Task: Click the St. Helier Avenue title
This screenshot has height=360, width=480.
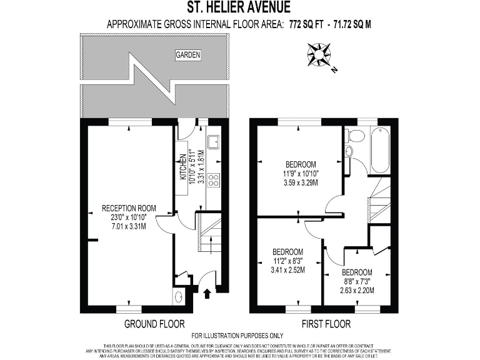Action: coord(239,8)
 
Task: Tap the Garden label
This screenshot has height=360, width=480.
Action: coord(187,55)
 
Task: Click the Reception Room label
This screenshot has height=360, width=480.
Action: coord(129,208)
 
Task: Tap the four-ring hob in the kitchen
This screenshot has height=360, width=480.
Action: coord(212,180)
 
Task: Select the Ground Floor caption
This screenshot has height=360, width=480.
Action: coord(154,324)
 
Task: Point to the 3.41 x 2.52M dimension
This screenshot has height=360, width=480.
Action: coord(287,270)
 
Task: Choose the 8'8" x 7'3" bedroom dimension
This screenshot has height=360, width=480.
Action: coord(357,281)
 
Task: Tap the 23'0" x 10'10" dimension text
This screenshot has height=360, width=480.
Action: coord(129,217)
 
